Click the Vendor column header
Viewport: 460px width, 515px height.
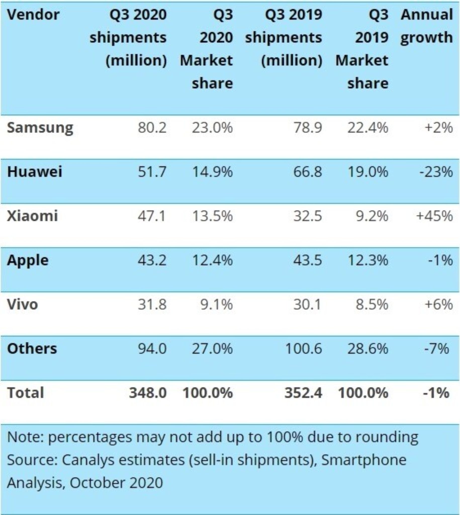click(x=33, y=15)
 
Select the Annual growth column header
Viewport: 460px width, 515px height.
click(x=426, y=26)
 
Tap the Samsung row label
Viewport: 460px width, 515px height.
click(x=40, y=128)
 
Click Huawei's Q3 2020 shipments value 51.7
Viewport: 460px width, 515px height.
click(x=152, y=172)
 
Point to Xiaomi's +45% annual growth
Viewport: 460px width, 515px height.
click(x=434, y=216)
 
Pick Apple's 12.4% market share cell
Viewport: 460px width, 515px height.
click(x=212, y=260)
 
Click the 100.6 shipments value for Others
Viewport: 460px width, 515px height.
click(x=303, y=349)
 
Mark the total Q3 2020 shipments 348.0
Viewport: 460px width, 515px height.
click(x=148, y=393)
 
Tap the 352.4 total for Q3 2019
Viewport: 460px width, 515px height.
click(x=303, y=393)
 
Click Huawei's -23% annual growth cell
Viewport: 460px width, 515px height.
click(x=436, y=172)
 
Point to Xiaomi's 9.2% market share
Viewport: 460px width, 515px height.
click(x=372, y=216)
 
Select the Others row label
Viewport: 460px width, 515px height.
click(x=32, y=349)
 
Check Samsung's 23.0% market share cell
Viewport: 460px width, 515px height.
click(x=212, y=128)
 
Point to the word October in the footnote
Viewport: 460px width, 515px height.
click(x=97, y=483)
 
